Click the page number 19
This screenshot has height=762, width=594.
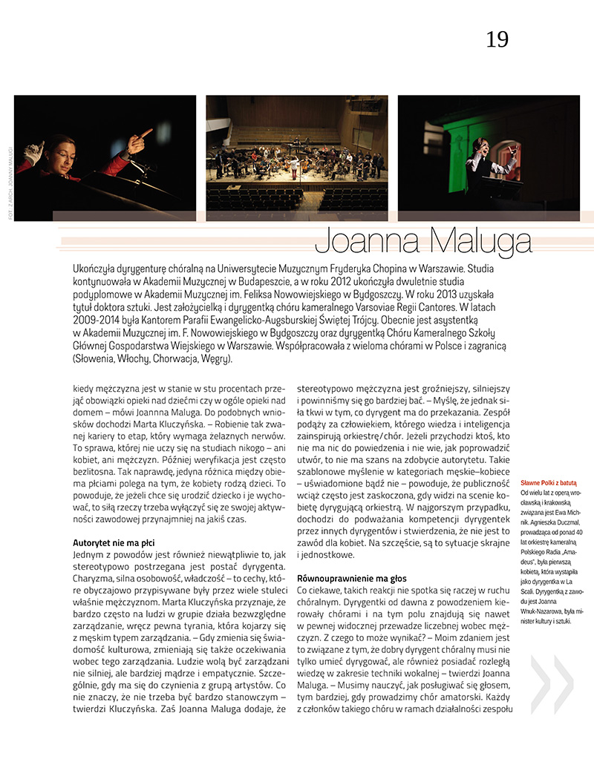(x=497, y=39)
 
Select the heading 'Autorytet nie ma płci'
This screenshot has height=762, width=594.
(x=114, y=543)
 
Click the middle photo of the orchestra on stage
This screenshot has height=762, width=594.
(x=296, y=157)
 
